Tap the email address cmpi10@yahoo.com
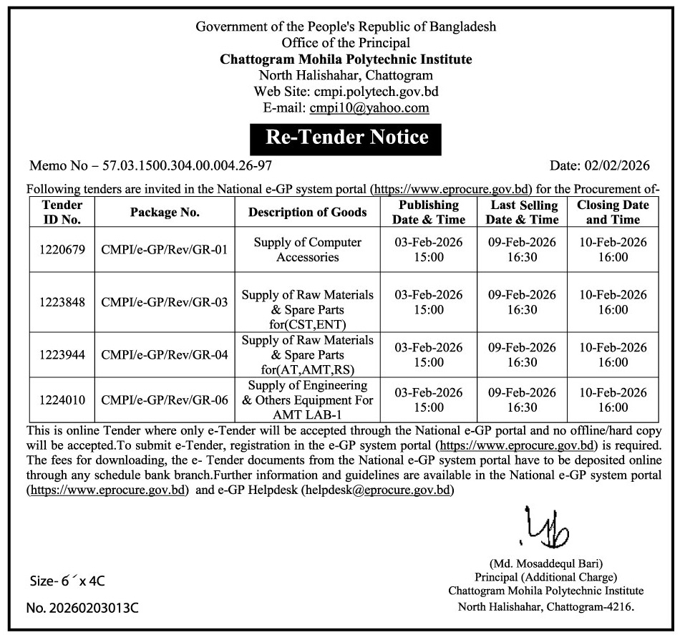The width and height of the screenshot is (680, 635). [369, 108]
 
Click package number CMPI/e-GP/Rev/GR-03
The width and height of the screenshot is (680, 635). [165, 302]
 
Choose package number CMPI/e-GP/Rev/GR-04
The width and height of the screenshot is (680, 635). [165, 354]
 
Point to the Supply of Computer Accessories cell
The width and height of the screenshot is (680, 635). [308, 249]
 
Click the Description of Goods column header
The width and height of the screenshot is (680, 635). [308, 212]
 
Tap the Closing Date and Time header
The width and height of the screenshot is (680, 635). [613, 212]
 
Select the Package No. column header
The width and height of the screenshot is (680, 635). [165, 212]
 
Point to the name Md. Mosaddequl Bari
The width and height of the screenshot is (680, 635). [546, 563]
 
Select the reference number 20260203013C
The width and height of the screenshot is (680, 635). [93, 609]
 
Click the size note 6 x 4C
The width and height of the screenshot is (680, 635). [62, 581]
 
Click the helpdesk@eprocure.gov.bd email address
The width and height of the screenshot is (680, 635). [378, 490]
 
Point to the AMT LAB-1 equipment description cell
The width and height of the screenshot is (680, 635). [308, 400]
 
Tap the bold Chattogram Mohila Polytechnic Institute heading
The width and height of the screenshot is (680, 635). [346, 59]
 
